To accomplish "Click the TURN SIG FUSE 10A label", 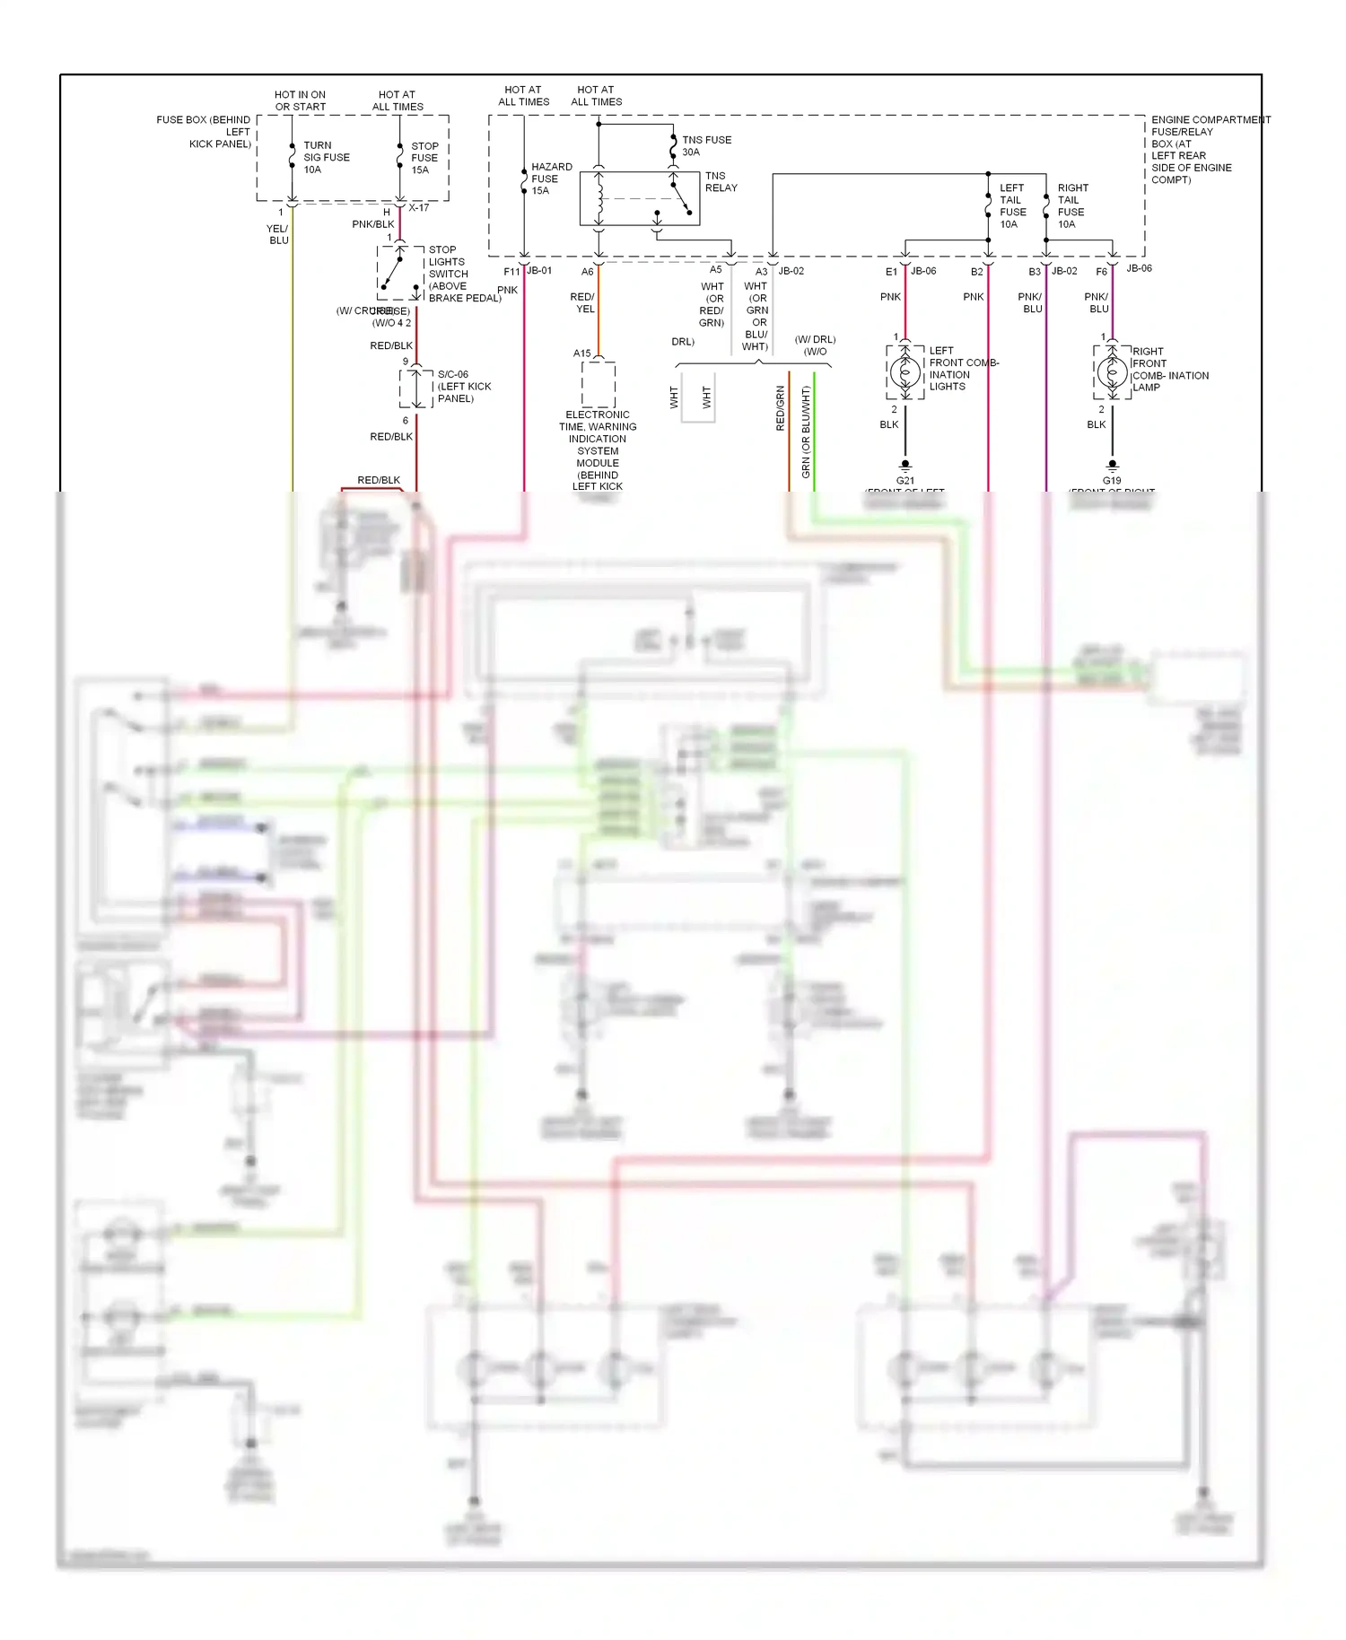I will point(325,157).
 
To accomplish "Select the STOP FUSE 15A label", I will point(424,158).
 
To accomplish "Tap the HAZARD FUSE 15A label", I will point(550,179).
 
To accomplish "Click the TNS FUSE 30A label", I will point(705,145).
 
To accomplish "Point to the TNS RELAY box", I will point(639,198).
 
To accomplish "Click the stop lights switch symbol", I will point(399,272).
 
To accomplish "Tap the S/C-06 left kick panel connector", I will point(415,387).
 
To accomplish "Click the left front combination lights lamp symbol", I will point(905,371).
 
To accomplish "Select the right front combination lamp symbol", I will point(1112,371).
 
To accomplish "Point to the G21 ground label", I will point(905,480).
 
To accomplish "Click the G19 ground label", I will point(1112,480).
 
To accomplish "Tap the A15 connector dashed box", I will point(599,384).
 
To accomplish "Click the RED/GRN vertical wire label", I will point(781,408).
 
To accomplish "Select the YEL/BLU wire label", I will point(278,234).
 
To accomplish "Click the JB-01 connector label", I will point(539,270).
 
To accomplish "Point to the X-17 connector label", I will point(419,208).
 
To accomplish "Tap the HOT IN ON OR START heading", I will point(300,100).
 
